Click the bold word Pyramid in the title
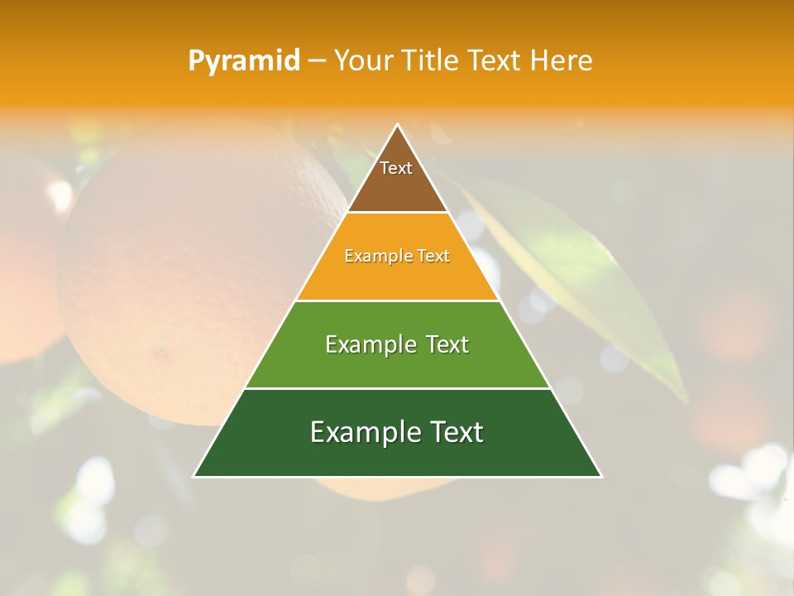click(244, 60)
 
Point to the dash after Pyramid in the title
click(317, 61)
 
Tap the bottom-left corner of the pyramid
click(195, 476)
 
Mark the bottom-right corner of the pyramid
click(600, 476)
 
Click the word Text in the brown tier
click(396, 168)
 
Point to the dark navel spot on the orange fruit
click(160, 350)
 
